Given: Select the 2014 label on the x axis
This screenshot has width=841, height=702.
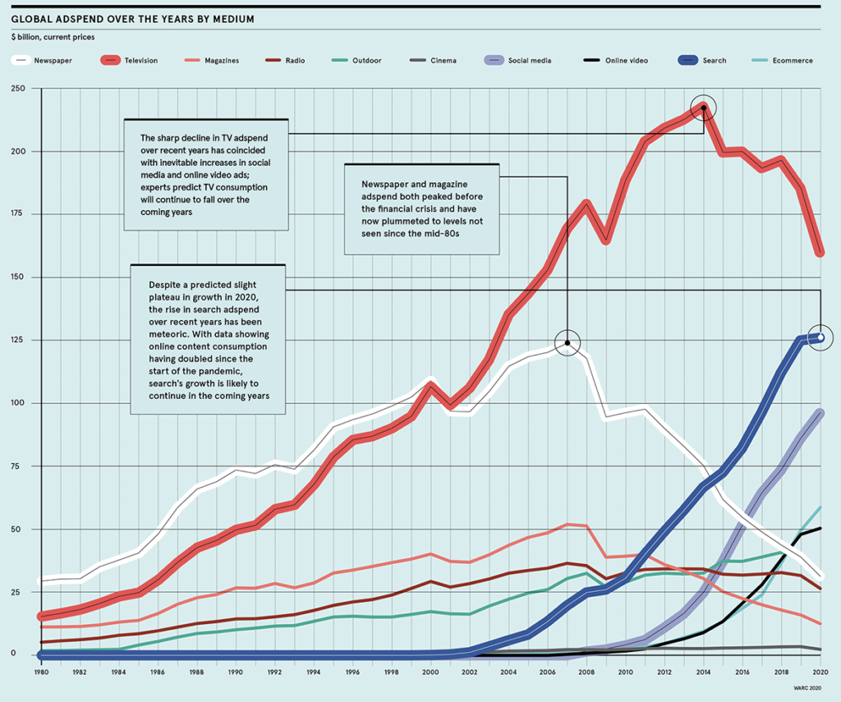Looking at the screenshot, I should click(704, 672).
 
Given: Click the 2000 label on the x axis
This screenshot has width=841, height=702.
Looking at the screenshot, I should click(430, 672).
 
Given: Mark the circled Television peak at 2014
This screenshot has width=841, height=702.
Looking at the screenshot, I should click(704, 108).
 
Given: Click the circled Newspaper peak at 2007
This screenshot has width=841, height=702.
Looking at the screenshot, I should click(567, 342).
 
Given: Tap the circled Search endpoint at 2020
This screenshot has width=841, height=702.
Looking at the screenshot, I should click(820, 337).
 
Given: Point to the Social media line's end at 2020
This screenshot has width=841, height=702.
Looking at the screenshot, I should click(820, 413).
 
